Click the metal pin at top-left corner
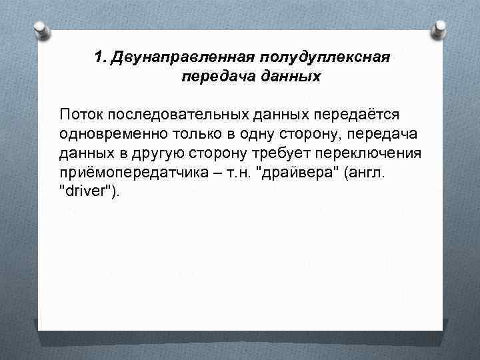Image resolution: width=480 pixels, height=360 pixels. pyautogui.click(x=40, y=29)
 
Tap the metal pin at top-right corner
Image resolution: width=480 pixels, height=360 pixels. pyautogui.click(x=440, y=29)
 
